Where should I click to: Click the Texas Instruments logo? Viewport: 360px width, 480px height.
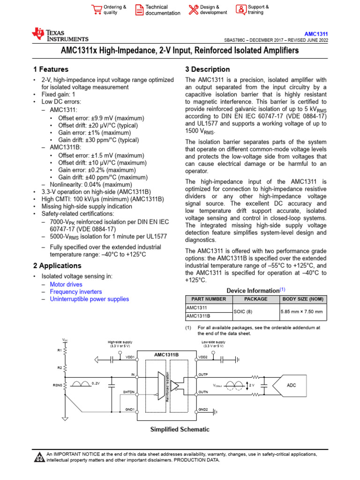pyautogui.click(x=60, y=34)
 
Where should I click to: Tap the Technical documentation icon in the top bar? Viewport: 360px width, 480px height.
pyautogui.click(x=140, y=10)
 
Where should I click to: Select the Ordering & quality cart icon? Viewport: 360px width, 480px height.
pyautogui.click(x=97, y=10)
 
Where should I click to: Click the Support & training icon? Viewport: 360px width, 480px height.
pyautogui.click(x=240, y=10)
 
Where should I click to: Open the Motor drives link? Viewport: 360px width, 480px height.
pyautogui.click(x=66, y=285)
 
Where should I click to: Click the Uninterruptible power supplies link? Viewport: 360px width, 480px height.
pyautogui.click(x=89, y=299)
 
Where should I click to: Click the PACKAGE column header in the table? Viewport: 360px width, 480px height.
pyautogui.click(x=256, y=299)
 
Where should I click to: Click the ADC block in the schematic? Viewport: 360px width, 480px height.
pyautogui.click(x=292, y=385)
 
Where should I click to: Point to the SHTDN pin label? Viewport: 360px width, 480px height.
pyautogui.click(x=129, y=392)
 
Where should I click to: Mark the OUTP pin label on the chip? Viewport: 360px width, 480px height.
pyautogui.click(x=203, y=375)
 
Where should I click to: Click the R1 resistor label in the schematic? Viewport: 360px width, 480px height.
pyautogui.click(x=60, y=350)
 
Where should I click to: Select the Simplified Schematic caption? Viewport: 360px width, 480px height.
pyautogui.click(x=180, y=429)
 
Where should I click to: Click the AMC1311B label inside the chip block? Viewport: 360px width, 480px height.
pyautogui.click(x=166, y=354)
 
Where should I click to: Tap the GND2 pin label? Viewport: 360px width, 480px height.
pyautogui.click(x=203, y=409)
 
